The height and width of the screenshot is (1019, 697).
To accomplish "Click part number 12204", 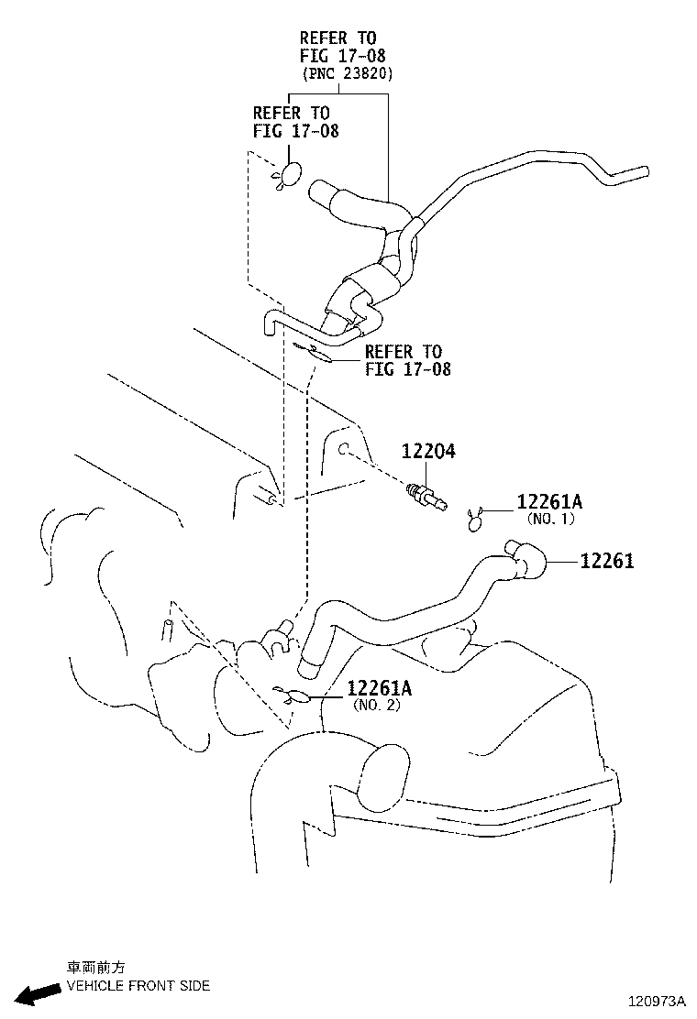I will pos(427,452).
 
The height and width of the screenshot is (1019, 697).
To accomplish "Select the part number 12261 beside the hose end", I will pos(606,561).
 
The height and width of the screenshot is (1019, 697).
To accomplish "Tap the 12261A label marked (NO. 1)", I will pos(549,502).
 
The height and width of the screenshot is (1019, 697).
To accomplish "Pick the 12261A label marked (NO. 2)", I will pos(379,688).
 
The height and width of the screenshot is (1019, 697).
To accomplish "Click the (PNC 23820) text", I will pos(347,74).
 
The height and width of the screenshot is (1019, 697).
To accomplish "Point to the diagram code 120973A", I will pos(657,1002).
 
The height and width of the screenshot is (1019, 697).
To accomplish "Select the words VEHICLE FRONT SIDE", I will pos(138,986).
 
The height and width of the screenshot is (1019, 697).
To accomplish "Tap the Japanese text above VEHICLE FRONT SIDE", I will pos(95,968).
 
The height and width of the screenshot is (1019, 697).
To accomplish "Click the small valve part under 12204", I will pos(427,495).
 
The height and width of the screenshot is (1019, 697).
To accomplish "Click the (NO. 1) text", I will pos(550,519).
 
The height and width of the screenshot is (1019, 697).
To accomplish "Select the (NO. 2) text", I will pos(377,705).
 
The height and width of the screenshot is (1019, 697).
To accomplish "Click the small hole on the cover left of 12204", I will pos(341,449).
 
